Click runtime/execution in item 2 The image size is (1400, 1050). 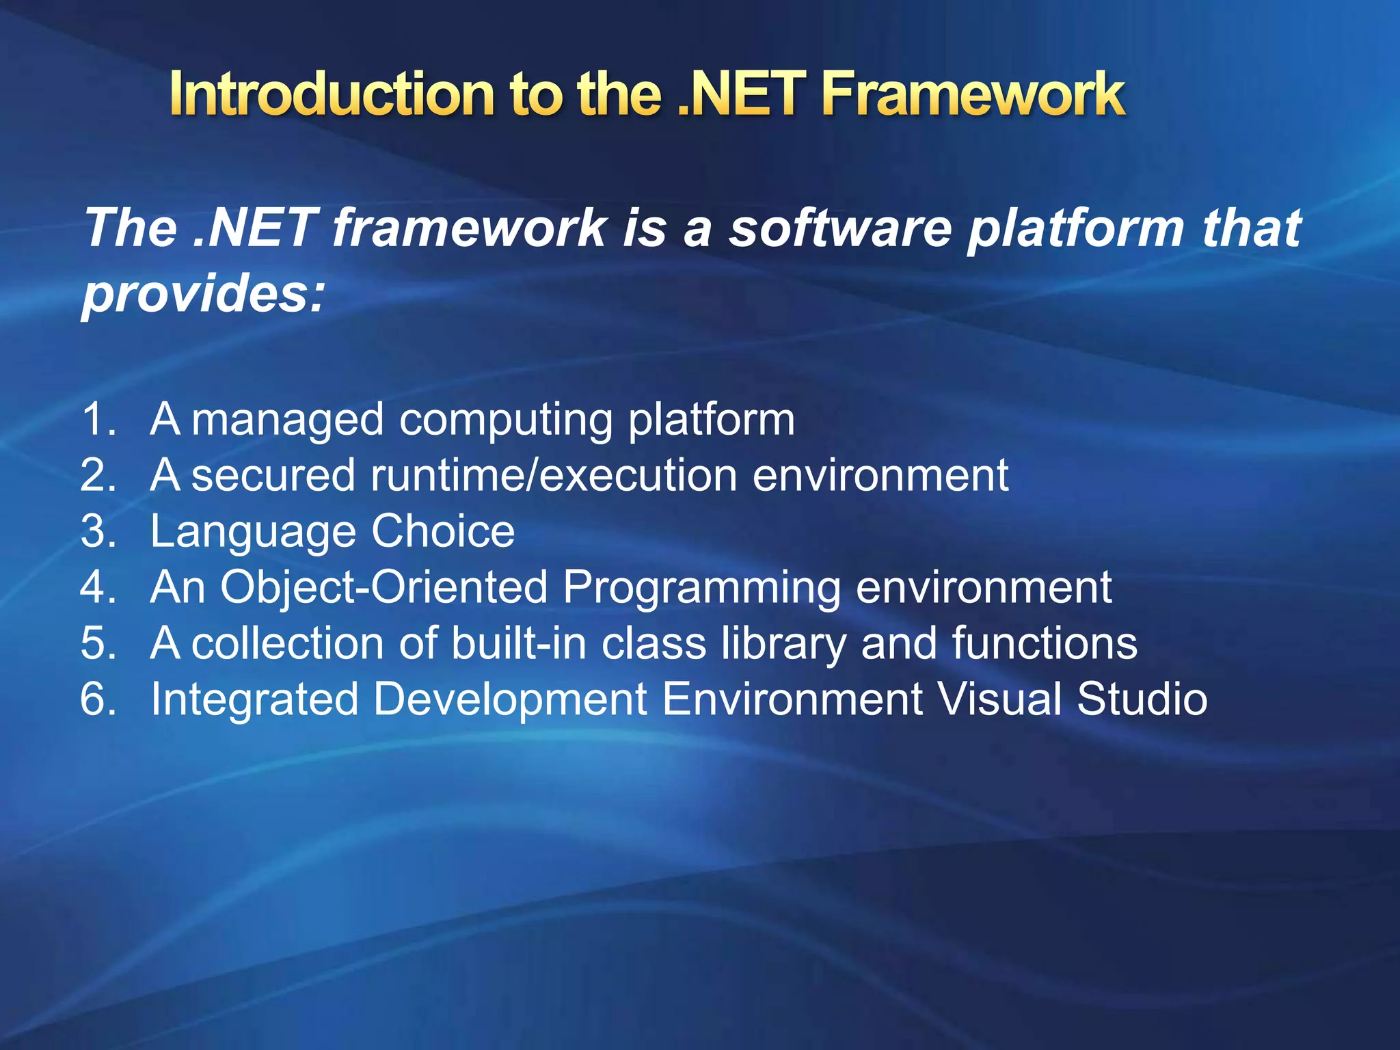coord(554,475)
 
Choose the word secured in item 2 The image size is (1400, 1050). coord(273,475)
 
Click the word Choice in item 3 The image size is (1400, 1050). coord(443,531)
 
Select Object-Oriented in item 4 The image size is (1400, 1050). coord(383,587)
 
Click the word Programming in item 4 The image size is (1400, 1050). coord(701,589)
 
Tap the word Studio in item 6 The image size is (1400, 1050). coord(1142,699)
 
